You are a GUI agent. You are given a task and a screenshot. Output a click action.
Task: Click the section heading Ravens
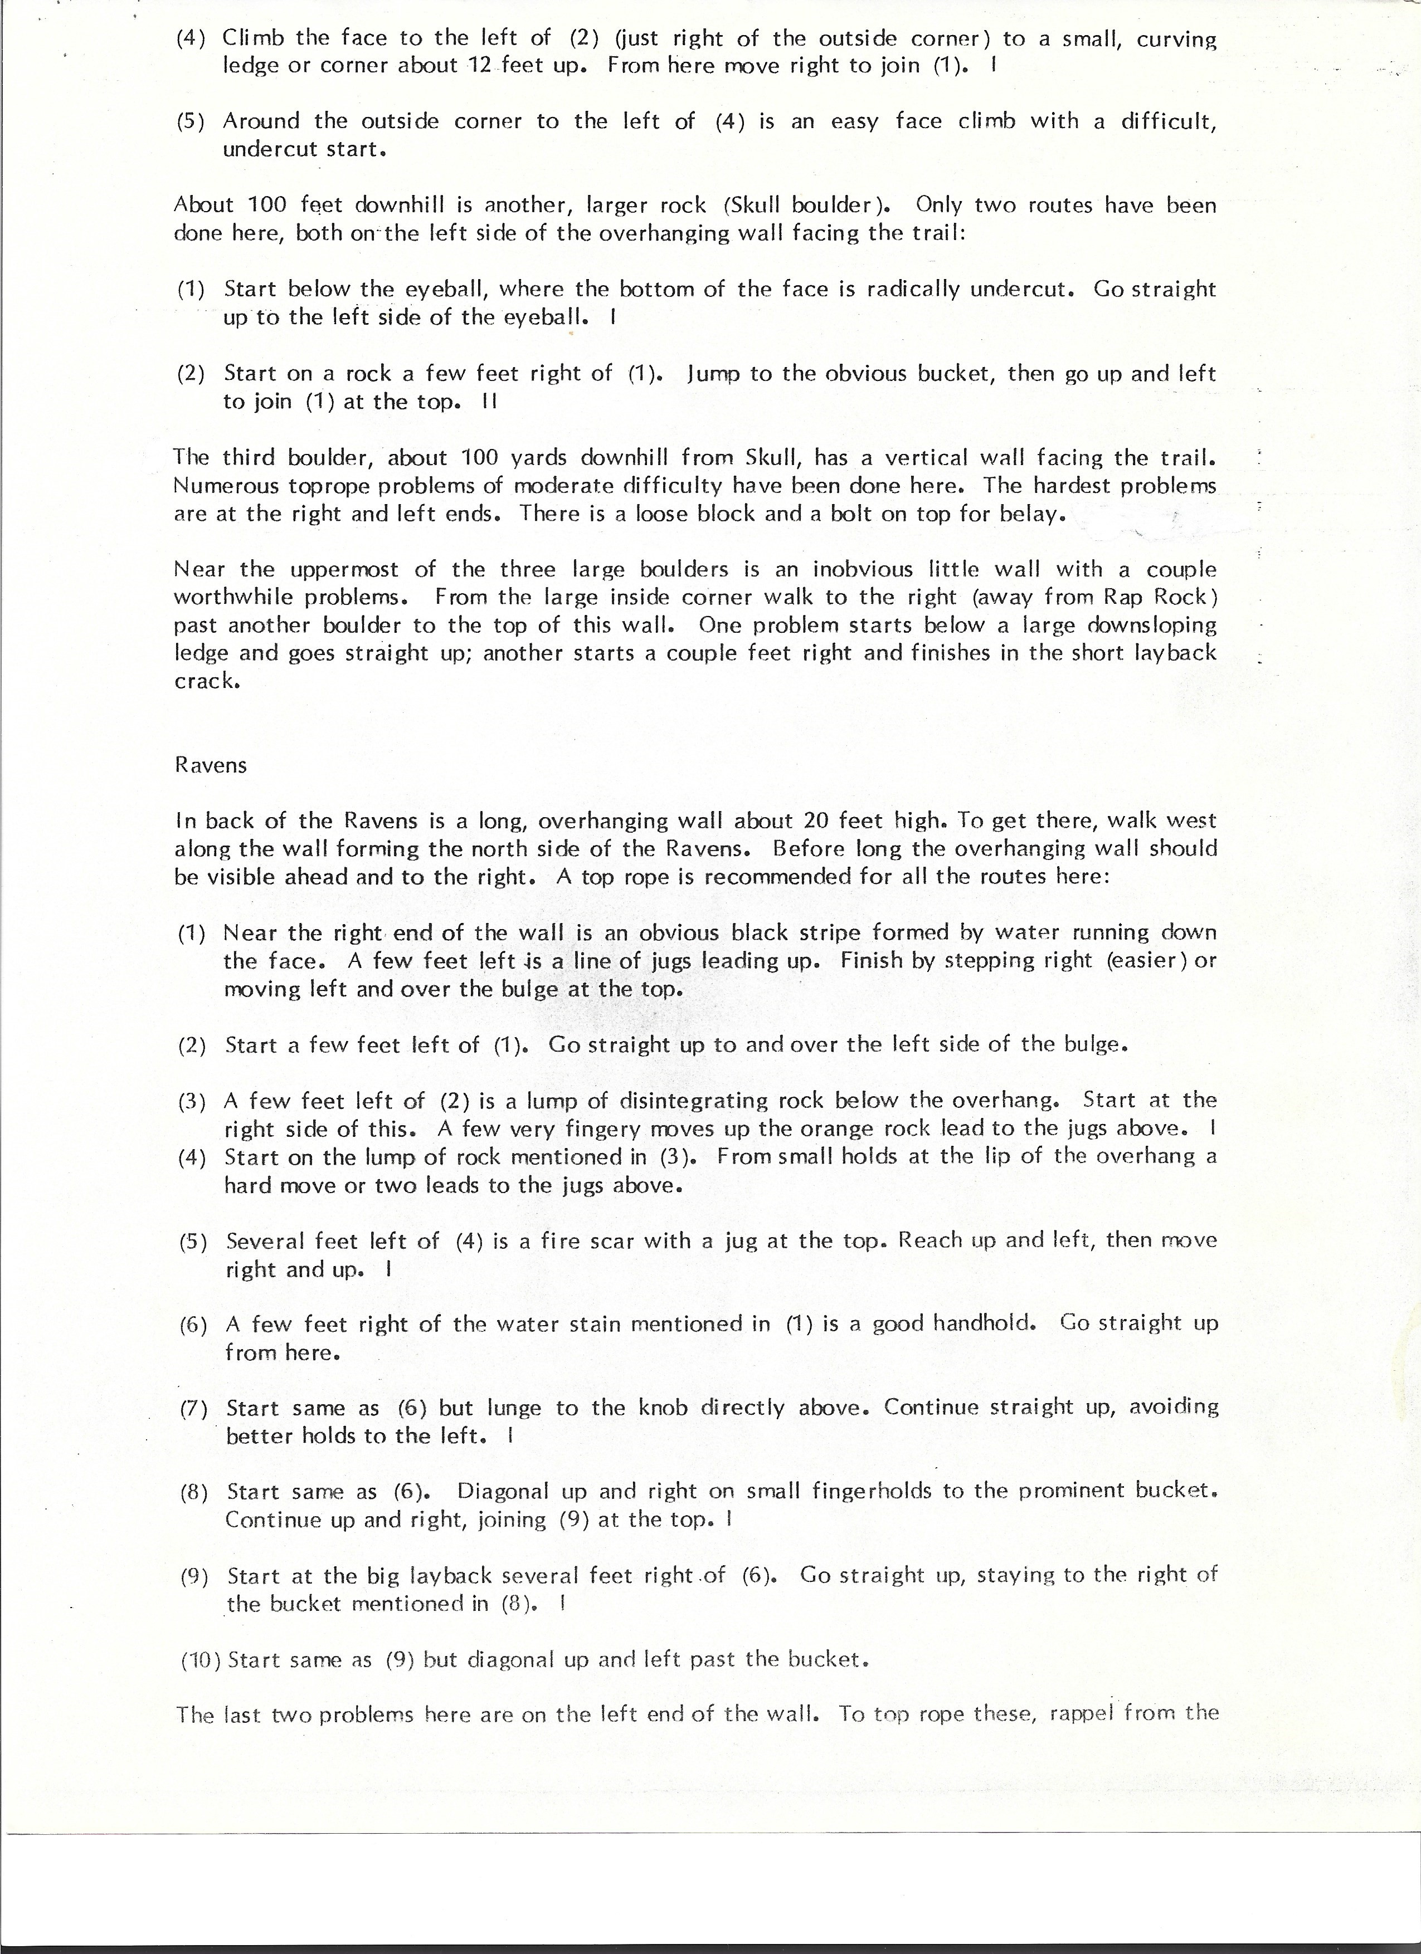coord(210,765)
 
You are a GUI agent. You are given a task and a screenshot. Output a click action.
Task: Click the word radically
coord(913,290)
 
